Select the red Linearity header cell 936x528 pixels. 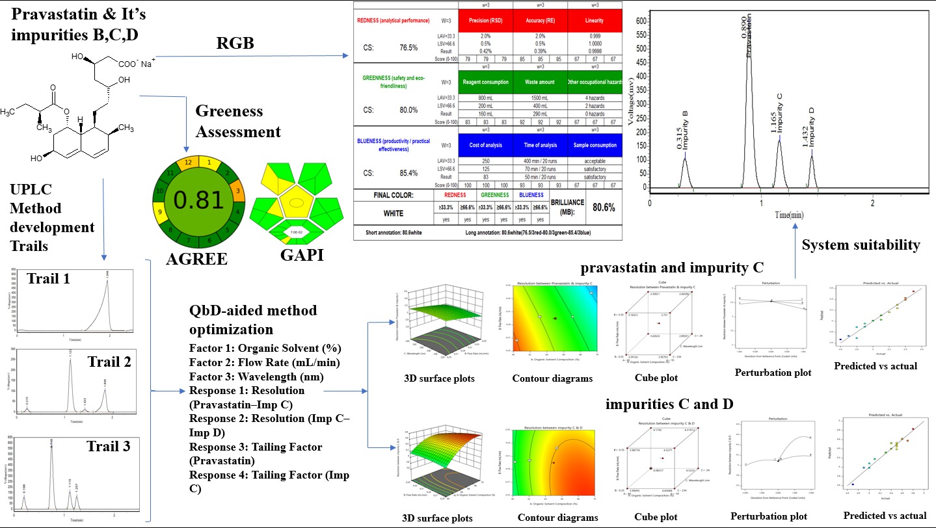[x=594, y=20]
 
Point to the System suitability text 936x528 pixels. [x=861, y=245]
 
